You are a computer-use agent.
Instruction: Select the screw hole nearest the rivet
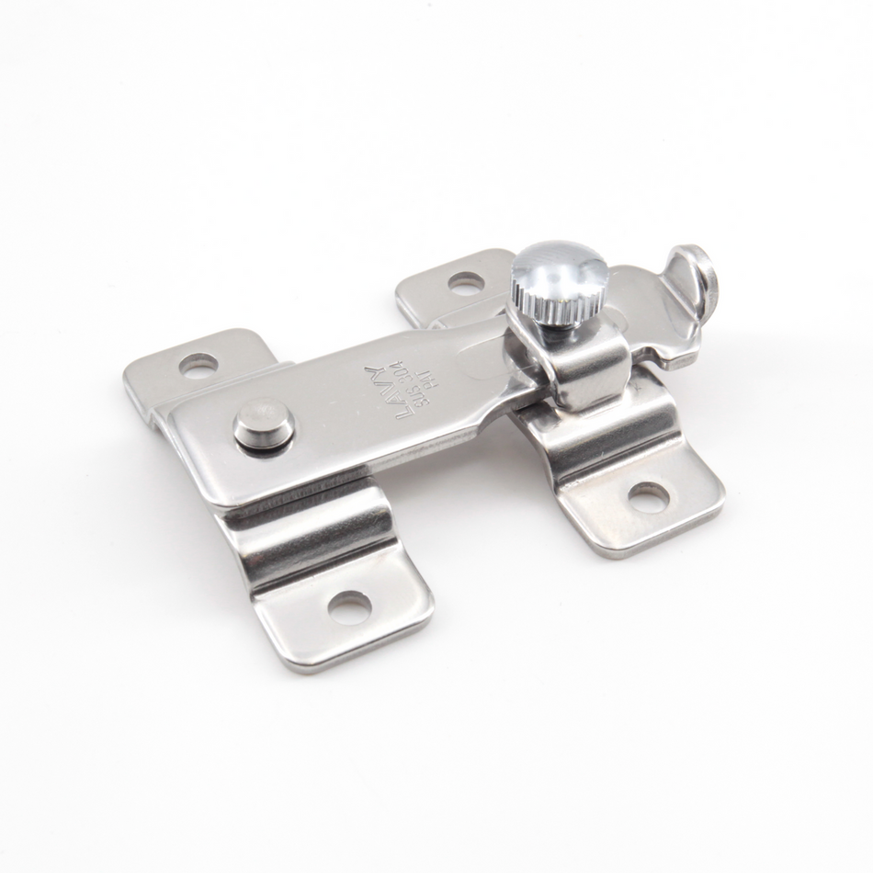pyautogui.click(x=198, y=367)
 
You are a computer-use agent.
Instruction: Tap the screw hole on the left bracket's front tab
pyautogui.click(x=350, y=607)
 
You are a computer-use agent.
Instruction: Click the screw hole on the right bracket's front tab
pyautogui.click(x=648, y=497)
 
